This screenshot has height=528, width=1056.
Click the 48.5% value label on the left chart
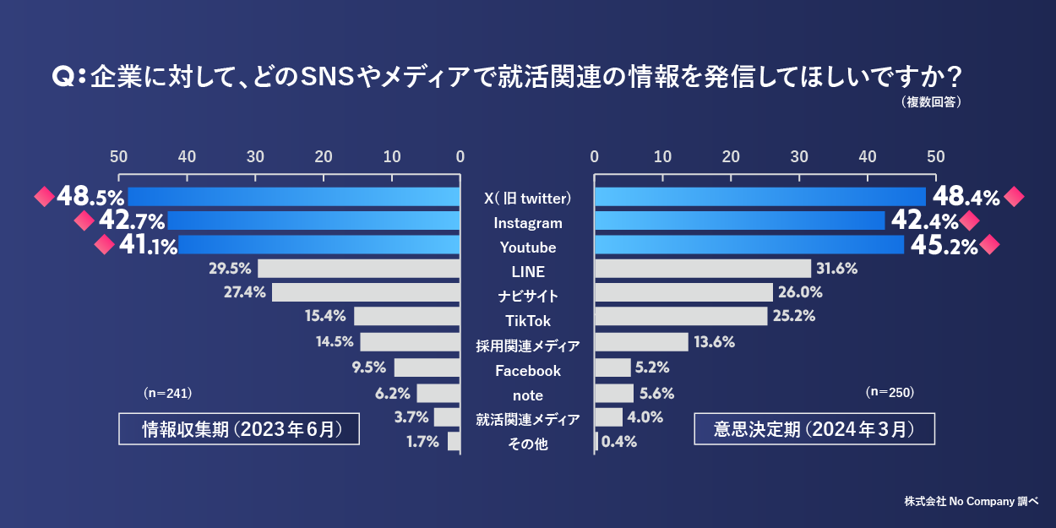click(90, 197)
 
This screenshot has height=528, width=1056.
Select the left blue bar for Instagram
click(313, 221)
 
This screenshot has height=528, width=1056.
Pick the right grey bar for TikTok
click(681, 316)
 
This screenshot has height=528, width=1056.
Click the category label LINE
click(528, 272)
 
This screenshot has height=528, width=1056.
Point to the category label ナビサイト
click(528, 297)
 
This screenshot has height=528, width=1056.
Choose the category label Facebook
click(528, 371)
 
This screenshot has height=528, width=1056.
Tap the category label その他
click(528, 444)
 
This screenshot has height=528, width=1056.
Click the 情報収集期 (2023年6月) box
click(239, 429)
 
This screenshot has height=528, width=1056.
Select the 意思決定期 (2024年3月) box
click(814, 429)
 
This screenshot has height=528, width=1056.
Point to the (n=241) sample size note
click(169, 393)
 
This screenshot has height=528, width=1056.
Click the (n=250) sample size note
click(890, 393)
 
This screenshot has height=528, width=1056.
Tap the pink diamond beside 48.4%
click(1015, 197)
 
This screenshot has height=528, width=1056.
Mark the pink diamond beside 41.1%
click(103, 246)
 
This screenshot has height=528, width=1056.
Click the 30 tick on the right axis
click(799, 156)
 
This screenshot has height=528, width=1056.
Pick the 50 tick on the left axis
click(118, 156)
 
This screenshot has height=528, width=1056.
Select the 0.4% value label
click(618, 441)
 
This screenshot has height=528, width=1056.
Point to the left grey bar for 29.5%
click(359, 269)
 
